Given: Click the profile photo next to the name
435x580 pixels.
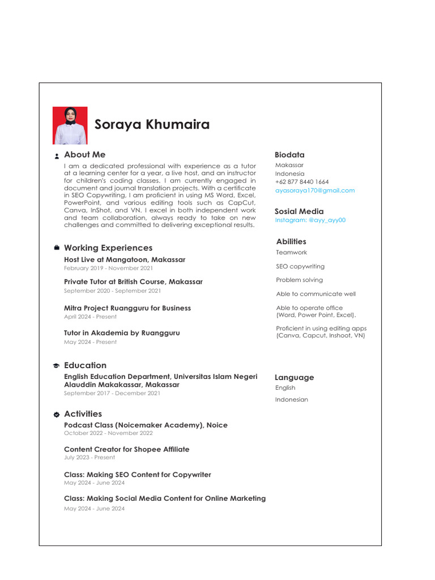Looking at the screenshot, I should point(70,125).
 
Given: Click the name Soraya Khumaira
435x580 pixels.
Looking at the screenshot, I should point(152,125).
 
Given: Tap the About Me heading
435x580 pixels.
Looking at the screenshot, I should point(84,155).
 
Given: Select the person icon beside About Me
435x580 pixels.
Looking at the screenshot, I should point(57,156).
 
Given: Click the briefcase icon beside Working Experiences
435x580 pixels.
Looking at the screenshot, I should point(57,248).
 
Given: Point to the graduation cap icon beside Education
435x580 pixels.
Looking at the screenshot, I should point(57,366).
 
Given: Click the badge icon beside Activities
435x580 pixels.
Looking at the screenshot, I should point(57,415).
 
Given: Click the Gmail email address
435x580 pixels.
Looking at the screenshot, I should point(314,190).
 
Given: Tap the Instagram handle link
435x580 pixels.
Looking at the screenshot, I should point(310,220).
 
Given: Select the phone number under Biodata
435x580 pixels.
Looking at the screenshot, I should point(301,182).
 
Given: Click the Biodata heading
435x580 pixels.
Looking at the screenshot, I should point(289,155).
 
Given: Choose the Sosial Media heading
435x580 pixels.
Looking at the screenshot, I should point(299,211).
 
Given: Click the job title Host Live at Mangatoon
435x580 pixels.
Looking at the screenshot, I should point(124,260).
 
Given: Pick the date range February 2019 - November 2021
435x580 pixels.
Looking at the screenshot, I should point(108,268).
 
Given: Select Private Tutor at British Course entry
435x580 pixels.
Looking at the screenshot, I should point(133,282).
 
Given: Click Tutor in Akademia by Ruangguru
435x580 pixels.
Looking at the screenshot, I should point(122,333).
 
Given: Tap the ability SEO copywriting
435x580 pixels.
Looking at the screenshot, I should point(300,266).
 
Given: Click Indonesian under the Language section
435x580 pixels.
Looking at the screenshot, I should point(291,399).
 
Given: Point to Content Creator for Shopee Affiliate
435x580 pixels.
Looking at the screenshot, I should point(126,449).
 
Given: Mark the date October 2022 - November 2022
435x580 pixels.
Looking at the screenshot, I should point(108,433).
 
